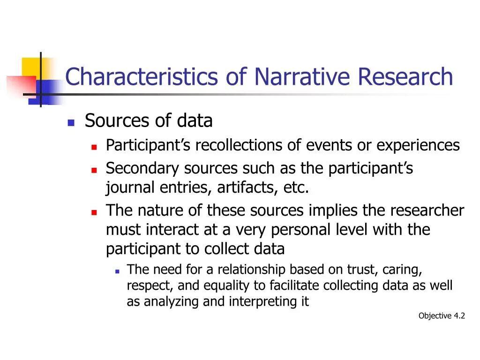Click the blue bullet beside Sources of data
coord(71,122)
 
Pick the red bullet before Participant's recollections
coord(94,147)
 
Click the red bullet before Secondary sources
coord(94,169)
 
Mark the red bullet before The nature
coord(94,212)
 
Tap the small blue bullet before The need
coord(117,271)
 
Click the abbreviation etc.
coord(296,188)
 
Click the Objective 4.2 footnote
coord(442,316)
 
